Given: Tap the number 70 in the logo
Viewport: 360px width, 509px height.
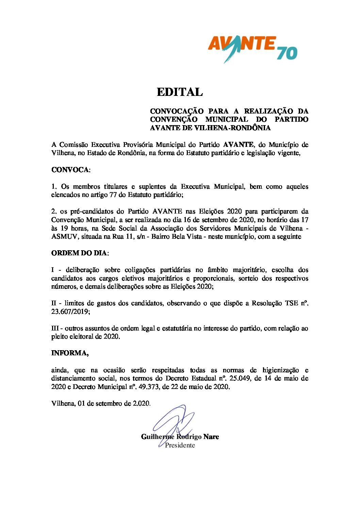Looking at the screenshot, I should [x=287, y=53].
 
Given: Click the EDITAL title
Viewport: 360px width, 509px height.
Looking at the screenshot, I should [x=180, y=92].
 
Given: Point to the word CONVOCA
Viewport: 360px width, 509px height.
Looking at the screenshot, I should [x=70, y=170].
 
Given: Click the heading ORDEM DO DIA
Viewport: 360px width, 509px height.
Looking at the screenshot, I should [x=79, y=253].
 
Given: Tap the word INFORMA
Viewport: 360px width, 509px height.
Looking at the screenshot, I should [x=69, y=353].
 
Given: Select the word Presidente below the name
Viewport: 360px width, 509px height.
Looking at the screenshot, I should [x=180, y=445].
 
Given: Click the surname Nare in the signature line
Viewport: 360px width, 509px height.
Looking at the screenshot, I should [x=211, y=437].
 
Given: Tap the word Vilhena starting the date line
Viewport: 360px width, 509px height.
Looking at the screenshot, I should [x=63, y=403].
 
